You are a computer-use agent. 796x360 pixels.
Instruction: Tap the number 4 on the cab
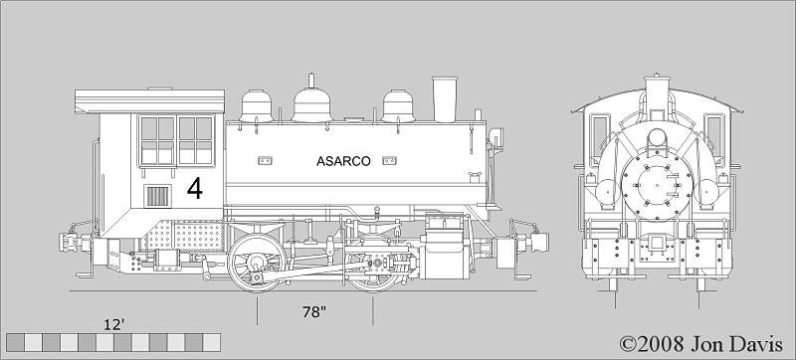194,189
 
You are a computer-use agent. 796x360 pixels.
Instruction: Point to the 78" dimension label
314,312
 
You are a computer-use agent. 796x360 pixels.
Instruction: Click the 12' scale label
115,324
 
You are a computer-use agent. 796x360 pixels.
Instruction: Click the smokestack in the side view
442,99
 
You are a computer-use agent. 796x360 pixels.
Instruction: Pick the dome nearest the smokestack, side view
399,104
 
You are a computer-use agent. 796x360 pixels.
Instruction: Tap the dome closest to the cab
259,104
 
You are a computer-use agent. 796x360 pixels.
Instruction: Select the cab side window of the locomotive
176,140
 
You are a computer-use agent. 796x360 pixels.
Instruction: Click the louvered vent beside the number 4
158,195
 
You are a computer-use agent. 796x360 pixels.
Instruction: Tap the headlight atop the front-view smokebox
657,137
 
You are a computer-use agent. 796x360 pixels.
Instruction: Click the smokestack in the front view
657,97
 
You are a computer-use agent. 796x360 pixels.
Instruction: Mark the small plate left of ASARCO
265,160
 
